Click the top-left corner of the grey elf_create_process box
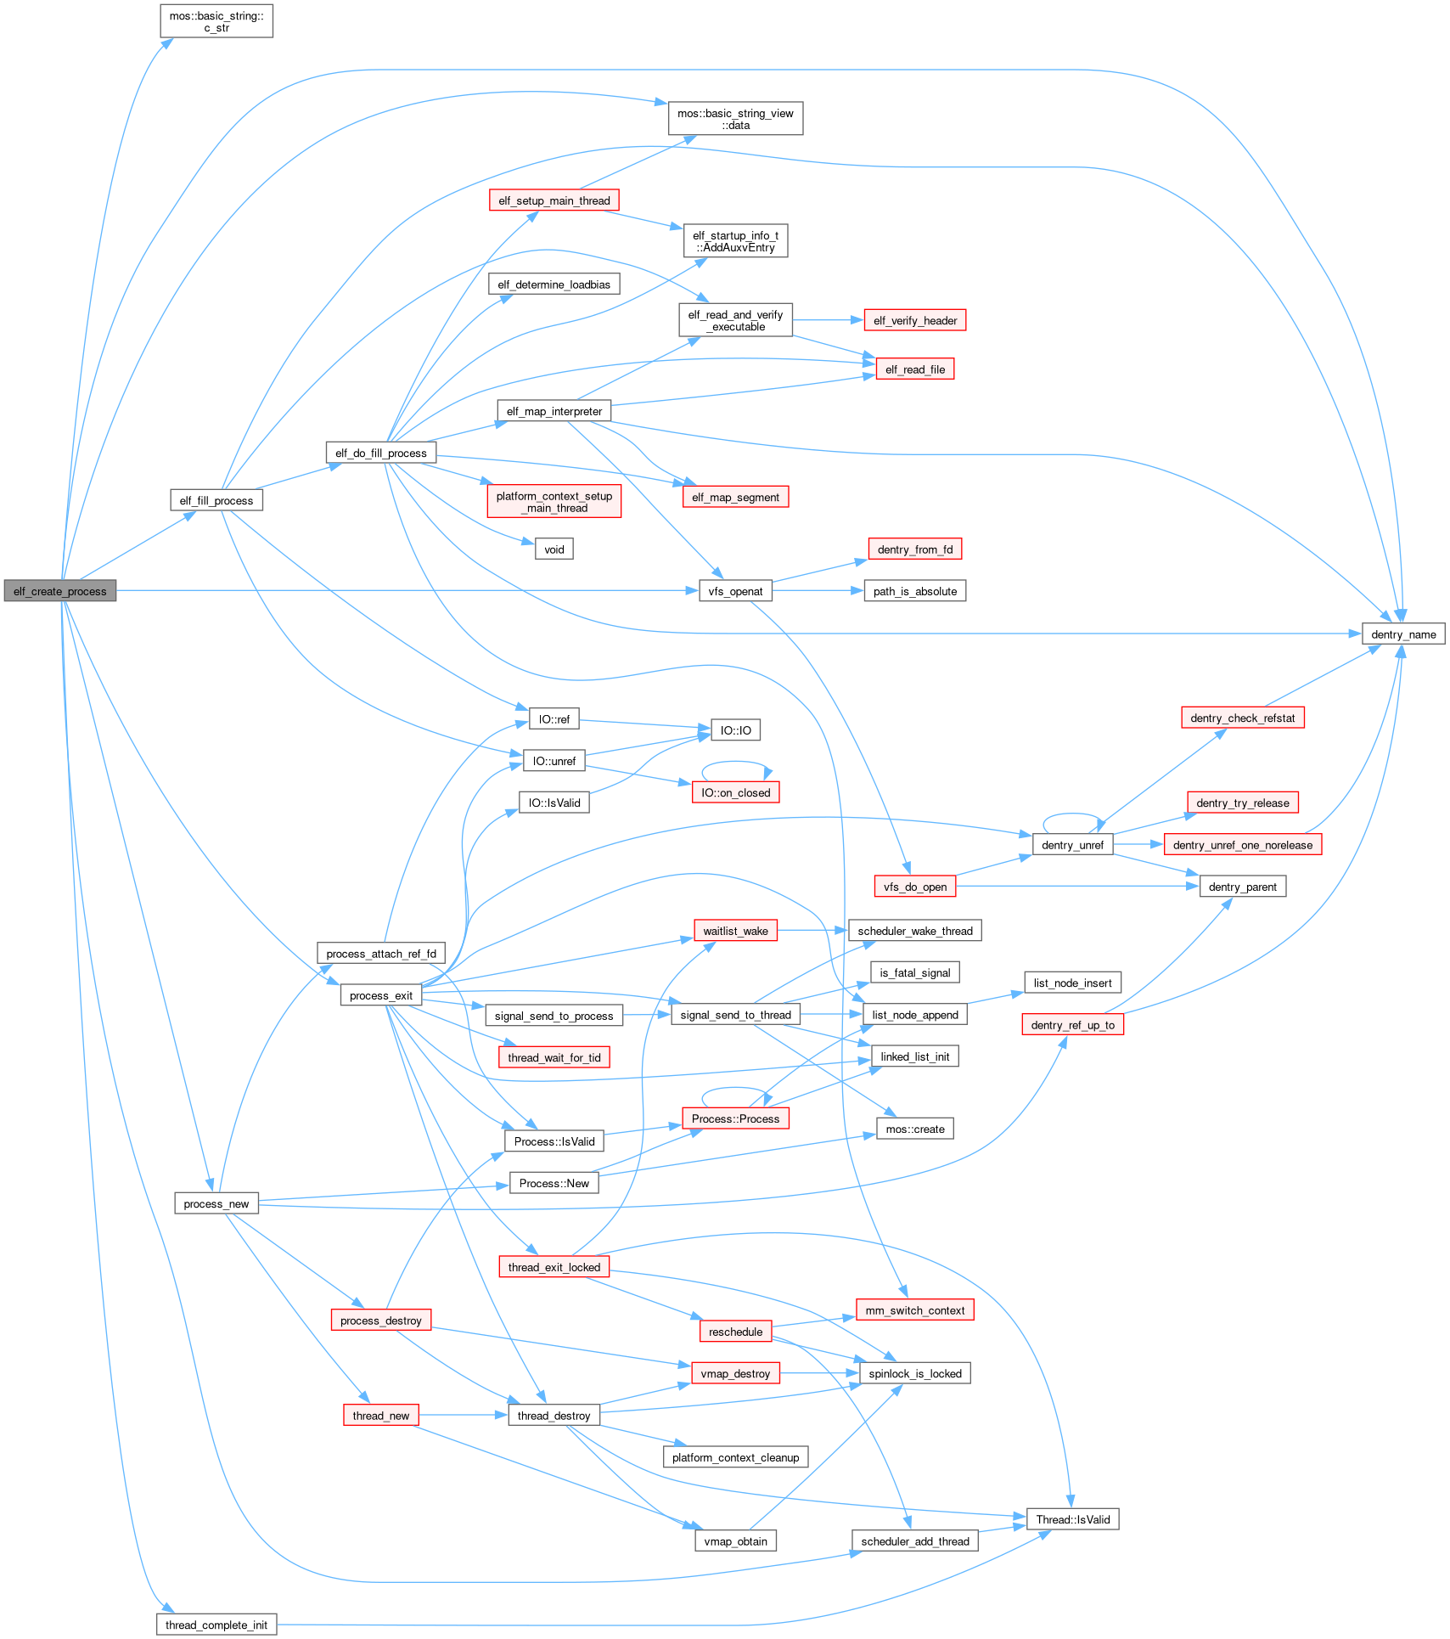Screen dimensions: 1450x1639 pos(4,581)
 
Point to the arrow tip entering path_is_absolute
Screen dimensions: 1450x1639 pos(864,591)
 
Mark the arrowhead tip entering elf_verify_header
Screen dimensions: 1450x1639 pos(863,320)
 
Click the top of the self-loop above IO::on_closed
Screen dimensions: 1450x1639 pos(735,762)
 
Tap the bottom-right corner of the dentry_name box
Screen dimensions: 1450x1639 pos(1445,645)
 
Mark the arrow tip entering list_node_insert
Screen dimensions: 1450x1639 pos(1025,992)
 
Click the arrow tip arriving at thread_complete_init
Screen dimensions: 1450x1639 pos(175,1614)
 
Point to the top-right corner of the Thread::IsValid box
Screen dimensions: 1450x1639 pos(1119,1508)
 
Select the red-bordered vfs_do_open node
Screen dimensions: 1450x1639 pos(915,887)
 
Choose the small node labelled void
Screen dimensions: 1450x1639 pos(554,549)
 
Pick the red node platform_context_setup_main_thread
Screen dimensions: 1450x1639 pos(554,501)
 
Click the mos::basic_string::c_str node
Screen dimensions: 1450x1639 pos(216,21)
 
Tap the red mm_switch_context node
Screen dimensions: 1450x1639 pos(915,1310)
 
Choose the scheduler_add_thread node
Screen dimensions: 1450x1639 pos(915,1541)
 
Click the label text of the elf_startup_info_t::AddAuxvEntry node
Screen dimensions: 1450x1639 pos(736,241)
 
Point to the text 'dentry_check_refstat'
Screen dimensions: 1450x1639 pos(1243,718)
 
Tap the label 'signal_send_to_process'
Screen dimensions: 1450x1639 pos(554,1016)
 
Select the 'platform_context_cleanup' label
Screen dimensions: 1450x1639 pos(736,1457)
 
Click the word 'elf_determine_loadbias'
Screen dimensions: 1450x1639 pos(554,284)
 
